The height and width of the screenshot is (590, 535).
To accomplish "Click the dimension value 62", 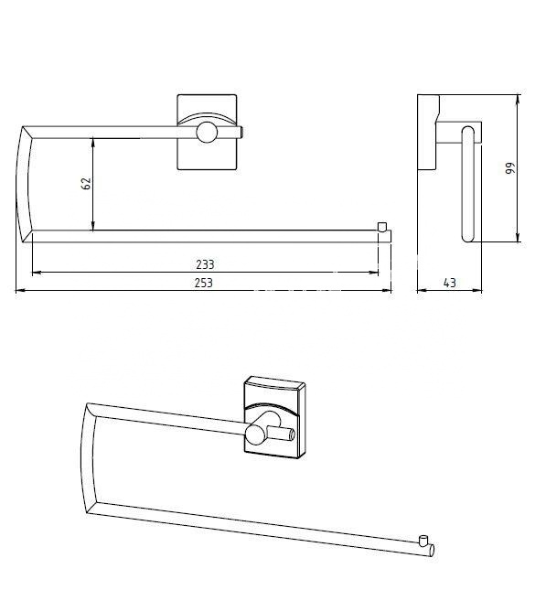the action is pyautogui.click(x=87, y=184).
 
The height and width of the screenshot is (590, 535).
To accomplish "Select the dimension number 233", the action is pyautogui.click(x=205, y=264).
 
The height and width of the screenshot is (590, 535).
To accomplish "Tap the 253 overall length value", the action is pyautogui.click(x=204, y=283).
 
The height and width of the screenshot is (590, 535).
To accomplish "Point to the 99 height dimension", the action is pyautogui.click(x=509, y=167).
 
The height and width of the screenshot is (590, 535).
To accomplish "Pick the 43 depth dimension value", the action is pyautogui.click(x=450, y=283).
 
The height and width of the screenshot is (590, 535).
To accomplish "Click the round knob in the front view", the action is pyautogui.click(x=207, y=132).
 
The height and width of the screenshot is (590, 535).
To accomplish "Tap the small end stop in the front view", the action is pyautogui.click(x=382, y=227).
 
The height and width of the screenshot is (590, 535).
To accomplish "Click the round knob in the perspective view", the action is pyautogui.click(x=257, y=435).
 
